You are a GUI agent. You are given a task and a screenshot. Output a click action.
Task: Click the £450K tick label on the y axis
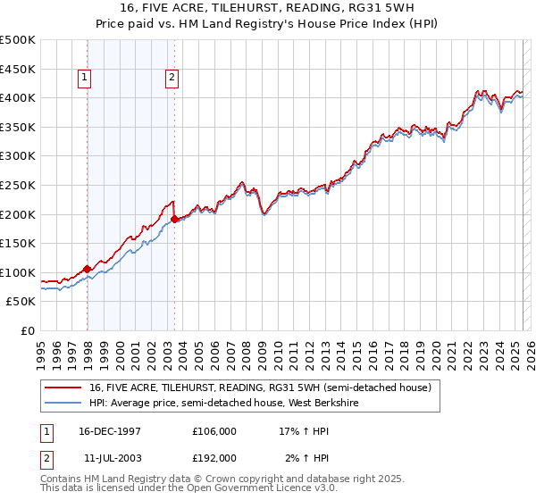pyautogui.click(x=18, y=69)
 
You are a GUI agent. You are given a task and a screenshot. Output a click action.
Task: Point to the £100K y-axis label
pyautogui.click(x=18, y=272)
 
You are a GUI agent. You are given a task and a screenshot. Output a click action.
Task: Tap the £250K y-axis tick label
pyautogui.click(x=18, y=185)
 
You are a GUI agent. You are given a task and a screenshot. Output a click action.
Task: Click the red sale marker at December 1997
pyautogui.click(x=88, y=269)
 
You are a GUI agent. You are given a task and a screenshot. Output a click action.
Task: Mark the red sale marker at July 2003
pyautogui.click(x=174, y=219)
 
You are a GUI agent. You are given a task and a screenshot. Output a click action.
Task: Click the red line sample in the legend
pyautogui.click(x=63, y=387)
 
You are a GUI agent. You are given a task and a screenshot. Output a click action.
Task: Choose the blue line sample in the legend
pyautogui.click(x=63, y=402)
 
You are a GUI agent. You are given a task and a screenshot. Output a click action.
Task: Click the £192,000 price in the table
pyautogui.click(x=214, y=458)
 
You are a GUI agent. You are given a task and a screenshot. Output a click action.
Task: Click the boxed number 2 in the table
pyautogui.click(x=46, y=458)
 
